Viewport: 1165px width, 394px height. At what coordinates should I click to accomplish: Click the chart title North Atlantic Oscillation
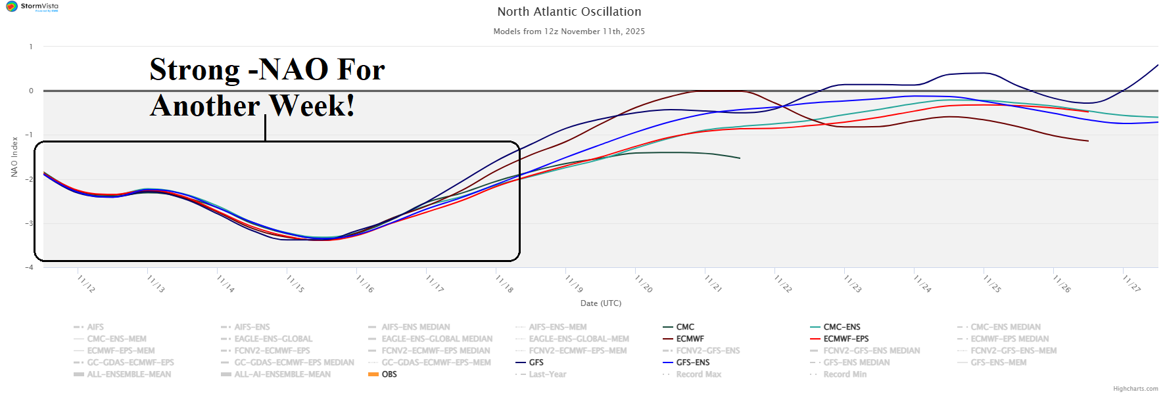(x=569, y=12)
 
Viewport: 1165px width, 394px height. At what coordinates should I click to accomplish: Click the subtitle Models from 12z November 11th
(x=569, y=32)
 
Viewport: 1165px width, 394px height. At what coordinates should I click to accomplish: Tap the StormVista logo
(x=32, y=7)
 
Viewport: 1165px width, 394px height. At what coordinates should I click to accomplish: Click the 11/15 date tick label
(x=295, y=284)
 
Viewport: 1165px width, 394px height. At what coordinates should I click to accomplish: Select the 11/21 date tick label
(x=713, y=284)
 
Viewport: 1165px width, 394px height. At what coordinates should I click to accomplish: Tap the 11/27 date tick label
(x=1131, y=284)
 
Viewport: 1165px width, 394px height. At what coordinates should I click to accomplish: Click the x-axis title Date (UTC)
(x=600, y=303)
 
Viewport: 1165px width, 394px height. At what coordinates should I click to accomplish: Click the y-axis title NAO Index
(x=14, y=157)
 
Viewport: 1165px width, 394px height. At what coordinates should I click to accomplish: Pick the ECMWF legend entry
(x=690, y=339)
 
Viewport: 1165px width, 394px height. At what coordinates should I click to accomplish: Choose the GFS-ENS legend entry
(x=692, y=362)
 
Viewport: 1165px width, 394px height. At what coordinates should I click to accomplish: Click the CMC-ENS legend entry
(x=842, y=327)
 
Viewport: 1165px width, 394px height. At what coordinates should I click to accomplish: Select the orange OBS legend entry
(x=389, y=374)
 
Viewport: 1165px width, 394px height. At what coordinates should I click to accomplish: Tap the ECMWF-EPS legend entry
(x=845, y=339)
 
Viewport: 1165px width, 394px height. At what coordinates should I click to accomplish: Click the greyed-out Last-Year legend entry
(x=547, y=374)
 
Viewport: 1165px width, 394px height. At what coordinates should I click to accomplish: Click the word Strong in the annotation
(x=195, y=70)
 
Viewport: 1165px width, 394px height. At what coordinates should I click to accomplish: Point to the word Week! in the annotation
(x=312, y=106)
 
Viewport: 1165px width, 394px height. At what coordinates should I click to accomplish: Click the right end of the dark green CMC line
(x=740, y=158)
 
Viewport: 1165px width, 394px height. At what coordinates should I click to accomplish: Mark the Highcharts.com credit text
(x=1135, y=389)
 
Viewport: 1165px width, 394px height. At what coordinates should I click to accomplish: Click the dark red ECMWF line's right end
(x=1088, y=141)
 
